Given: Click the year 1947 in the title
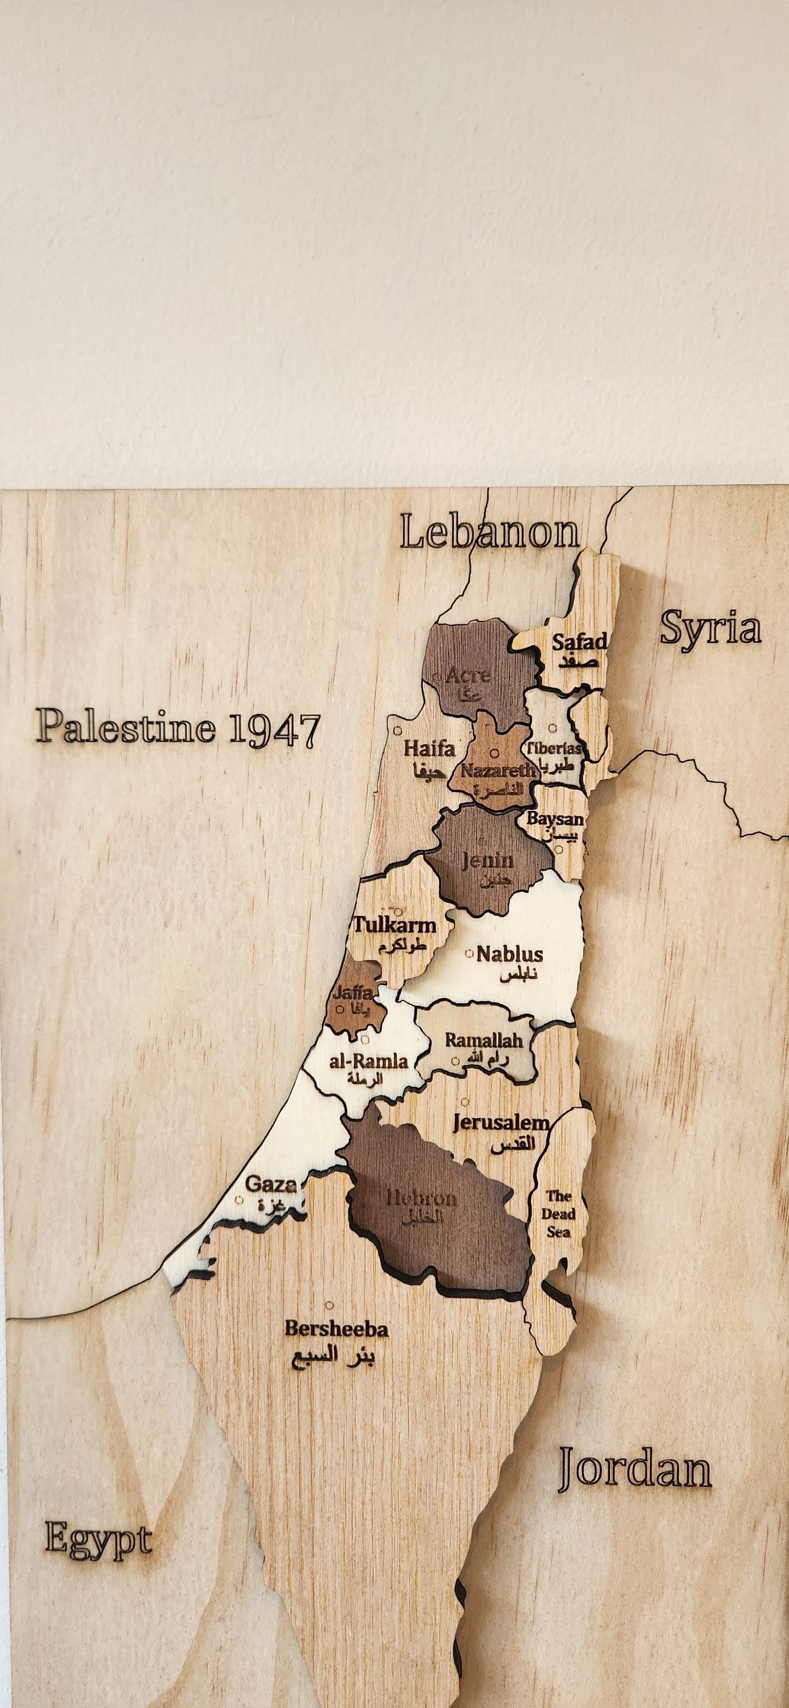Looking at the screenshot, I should click(x=273, y=730).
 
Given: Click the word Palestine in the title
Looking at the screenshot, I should click(x=126, y=726).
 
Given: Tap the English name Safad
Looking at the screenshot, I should click(x=579, y=642).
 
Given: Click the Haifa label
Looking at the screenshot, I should click(x=429, y=749).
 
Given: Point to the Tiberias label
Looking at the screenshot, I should click(x=554, y=749).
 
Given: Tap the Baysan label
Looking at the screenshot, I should click(x=555, y=819).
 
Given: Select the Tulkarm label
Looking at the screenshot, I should click(x=394, y=925).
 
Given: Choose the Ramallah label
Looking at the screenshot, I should click(x=483, y=1040).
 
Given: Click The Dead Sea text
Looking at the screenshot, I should click(x=557, y=1213).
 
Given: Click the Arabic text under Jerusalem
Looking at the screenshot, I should click(x=513, y=1145).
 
